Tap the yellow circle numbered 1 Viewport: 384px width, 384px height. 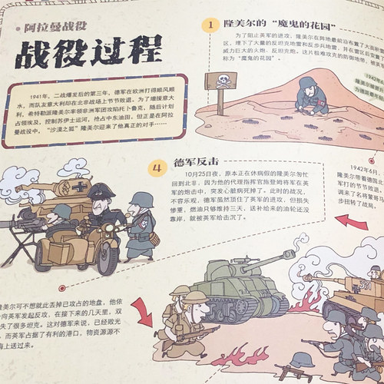[x=209, y=26]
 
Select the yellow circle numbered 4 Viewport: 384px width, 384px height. [x=157, y=167]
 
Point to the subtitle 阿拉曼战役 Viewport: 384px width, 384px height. [x=57, y=28]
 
